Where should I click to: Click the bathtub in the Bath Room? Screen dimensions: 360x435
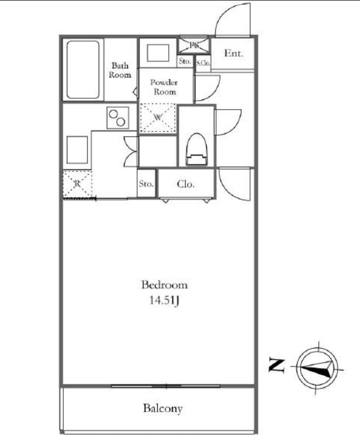pyautogui.click(x=83, y=70)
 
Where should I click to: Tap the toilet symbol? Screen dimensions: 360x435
pyautogui.click(x=197, y=150)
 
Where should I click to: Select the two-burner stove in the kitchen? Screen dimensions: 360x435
pyautogui.click(x=118, y=117)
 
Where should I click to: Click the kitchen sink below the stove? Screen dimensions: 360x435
pyautogui.click(x=77, y=150)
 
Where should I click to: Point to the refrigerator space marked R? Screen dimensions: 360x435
pyautogui.click(x=77, y=184)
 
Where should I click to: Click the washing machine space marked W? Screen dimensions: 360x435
pyautogui.click(x=158, y=117)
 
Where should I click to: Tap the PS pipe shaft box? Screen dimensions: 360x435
pyautogui.click(x=194, y=45)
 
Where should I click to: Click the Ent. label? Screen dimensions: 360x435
pyautogui.click(x=234, y=53)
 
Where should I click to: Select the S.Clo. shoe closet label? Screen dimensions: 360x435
pyautogui.click(x=203, y=63)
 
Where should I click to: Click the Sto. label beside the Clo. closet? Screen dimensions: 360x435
pyautogui.click(x=146, y=184)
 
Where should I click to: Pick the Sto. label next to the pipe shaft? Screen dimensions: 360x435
pyautogui.click(x=185, y=61)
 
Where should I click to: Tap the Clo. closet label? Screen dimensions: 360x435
pyautogui.click(x=185, y=184)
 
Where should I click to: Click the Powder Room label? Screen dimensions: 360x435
pyautogui.click(x=165, y=87)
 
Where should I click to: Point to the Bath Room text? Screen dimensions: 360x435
pyautogui.click(x=120, y=70)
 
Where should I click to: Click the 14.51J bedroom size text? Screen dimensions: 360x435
pyautogui.click(x=165, y=300)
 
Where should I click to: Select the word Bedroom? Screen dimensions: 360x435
pyautogui.click(x=165, y=285)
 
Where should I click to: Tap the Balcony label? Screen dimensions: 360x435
pyautogui.click(x=163, y=408)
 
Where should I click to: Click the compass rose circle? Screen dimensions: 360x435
pyautogui.click(x=317, y=369)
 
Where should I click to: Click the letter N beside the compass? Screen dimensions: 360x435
pyautogui.click(x=277, y=366)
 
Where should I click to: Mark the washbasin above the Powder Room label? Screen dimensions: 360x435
pyautogui.click(x=158, y=52)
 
